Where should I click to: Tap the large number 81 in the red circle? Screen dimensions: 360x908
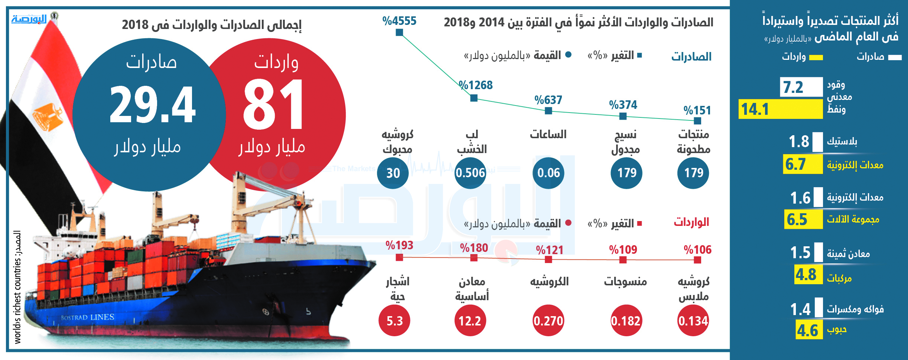pos(274,105)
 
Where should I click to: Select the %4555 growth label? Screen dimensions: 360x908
pos(399,21)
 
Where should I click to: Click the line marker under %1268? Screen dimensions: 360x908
pos(474,98)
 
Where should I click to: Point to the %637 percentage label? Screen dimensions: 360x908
pos(548,100)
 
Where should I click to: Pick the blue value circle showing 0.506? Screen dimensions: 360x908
pos(471,173)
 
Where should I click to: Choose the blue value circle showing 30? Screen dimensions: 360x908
pos(393,173)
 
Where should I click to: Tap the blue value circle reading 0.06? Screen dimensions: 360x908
pos(549,173)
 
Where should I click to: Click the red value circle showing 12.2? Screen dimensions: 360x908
pos(470,320)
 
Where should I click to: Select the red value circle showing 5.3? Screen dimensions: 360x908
pos(394,320)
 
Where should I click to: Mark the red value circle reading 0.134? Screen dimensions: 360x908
pos(693,320)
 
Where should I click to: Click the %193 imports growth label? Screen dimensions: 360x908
pos(399,245)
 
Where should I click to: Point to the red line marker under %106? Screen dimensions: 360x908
pos(697,260)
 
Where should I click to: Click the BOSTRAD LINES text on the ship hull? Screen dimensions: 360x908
pos(88,317)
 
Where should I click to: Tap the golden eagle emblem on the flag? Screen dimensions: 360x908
pos(48,117)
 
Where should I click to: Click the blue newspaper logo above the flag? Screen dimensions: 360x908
pos(29,19)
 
